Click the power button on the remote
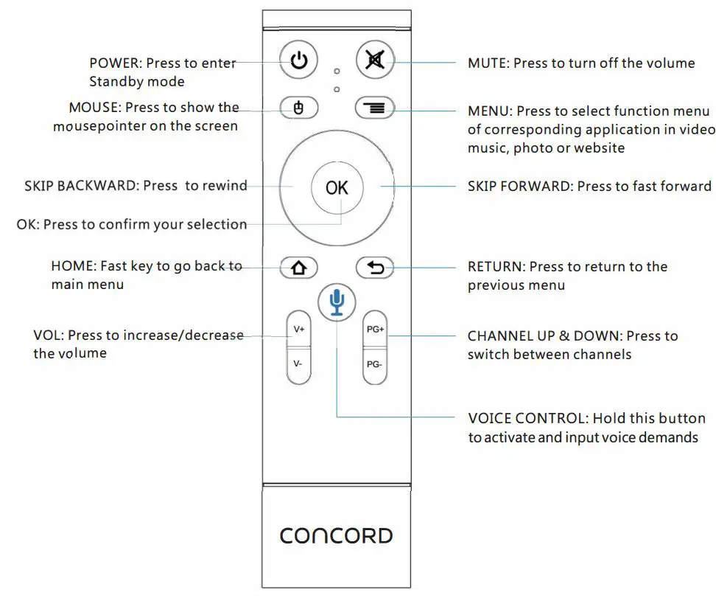[299, 60]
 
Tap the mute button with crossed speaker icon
[375, 60]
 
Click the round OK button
[337, 187]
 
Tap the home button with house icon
[299, 268]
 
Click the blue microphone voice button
[337, 301]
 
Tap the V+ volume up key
[298, 330]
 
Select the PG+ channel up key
[375, 330]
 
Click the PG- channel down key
[375, 364]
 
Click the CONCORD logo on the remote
[337, 535]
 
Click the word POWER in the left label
[114, 63]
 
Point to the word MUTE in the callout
[487, 63]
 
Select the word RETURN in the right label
[495, 267]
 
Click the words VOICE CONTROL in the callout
[527, 419]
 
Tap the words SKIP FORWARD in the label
[519, 187]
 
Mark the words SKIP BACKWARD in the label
[80, 186]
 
